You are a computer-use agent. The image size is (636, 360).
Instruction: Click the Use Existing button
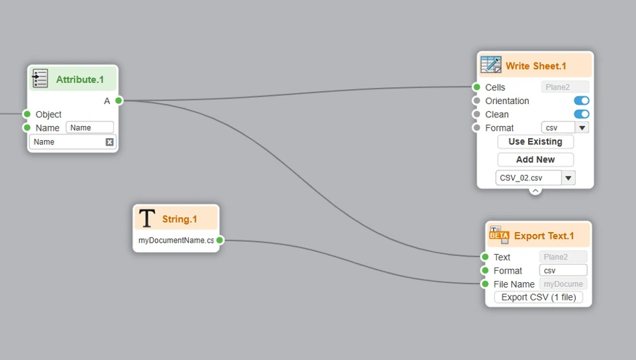tap(535, 141)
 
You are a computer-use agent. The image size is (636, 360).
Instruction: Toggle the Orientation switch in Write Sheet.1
tap(581, 101)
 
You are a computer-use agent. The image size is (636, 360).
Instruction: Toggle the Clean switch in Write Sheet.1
tap(581, 114)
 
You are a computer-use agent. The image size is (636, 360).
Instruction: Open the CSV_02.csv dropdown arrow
tap(568, 178)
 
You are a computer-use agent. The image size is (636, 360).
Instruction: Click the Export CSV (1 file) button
tap(538, 297)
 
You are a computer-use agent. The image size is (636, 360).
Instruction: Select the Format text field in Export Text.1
tap(562, 270)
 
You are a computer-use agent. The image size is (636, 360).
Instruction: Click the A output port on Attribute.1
tap(119, 101)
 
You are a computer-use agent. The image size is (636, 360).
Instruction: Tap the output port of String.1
tap(220, 240)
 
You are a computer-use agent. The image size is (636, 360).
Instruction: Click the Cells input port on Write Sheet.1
tap(476, 87)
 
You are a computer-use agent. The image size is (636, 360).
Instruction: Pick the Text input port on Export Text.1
tap(485, 257)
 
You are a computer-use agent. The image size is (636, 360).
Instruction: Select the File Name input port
tap(485, 284)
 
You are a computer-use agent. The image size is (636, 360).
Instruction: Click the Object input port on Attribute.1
tap(27, 114)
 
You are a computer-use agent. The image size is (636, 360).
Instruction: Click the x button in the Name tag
tap(109, 142)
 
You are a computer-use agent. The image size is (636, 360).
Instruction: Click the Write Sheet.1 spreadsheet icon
tap(491, 65)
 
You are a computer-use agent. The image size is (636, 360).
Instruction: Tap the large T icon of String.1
tap(147, 219)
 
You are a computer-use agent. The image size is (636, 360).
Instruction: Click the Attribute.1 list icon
tap(40, 78)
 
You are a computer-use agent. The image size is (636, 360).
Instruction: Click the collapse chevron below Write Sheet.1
tap(535, 190)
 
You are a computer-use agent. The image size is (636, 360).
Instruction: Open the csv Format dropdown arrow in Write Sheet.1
tap(582, 127)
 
